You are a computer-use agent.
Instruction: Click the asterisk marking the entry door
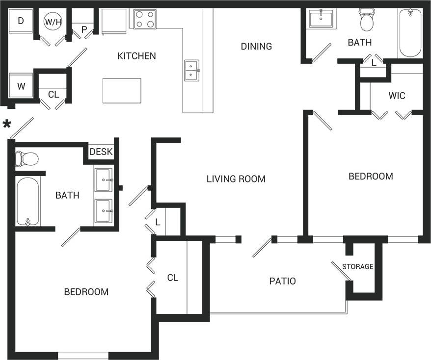tap(7, 124)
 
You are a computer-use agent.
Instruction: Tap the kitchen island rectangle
tap(122, 91)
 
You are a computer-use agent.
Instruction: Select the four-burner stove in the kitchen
tap(145, 19)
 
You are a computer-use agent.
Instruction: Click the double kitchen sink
tap(192, 70)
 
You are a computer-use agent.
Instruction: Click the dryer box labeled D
tap(21, 22)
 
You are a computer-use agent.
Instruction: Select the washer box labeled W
tap(21, 86)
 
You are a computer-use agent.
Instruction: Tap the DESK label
tap(101, 152)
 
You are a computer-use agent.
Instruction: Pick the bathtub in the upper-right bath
tap(410, 33)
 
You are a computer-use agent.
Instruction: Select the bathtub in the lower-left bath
tap(27, 202)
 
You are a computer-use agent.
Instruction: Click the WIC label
tap(397, 96)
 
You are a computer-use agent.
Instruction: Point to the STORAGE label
tap(358, 267)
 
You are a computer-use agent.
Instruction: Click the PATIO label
tap(282, 281)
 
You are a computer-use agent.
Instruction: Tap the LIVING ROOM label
tap(236, 179)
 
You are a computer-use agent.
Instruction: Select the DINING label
tap(256, 46)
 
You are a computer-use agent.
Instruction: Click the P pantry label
tap(84, 30)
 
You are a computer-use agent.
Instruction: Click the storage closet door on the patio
tap(341, 271)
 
